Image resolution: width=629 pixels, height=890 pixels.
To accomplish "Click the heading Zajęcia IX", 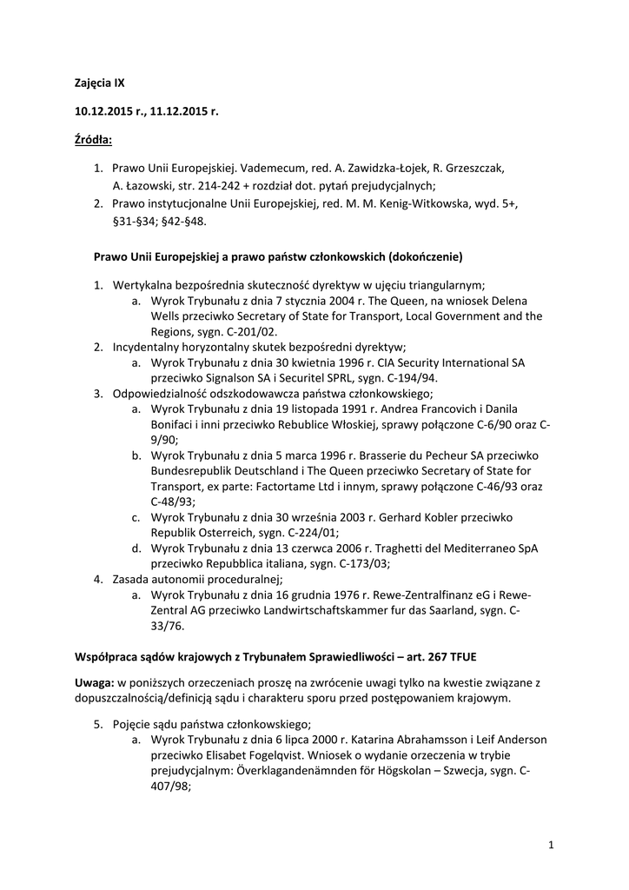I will point(100,83).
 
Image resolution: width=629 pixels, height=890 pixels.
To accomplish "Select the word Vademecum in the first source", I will point(275,167).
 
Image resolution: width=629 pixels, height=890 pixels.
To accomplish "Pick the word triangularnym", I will point(443,285).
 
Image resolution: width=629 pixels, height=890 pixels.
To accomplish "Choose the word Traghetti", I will point(402,548).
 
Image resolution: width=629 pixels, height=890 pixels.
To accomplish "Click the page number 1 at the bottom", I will point(552,843).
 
